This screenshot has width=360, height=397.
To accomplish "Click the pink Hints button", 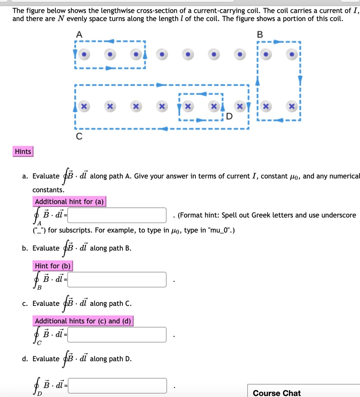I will click(x=23, y=152).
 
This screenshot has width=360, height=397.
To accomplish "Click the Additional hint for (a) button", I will click(x=69, y=202).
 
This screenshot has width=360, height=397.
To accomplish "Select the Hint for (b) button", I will click(x=53, y=266).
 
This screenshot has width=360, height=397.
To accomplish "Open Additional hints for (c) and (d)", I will click(x=83, y=321).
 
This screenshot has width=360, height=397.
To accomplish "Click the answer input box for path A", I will click(x=117, y=215).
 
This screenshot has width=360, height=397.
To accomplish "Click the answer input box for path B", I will click(x=117, y=280).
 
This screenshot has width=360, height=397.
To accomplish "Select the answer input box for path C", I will click(x=117, y=335).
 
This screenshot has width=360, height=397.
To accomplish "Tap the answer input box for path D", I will click(x=117, y=386).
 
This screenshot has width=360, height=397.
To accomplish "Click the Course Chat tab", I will click(x=276, y=393).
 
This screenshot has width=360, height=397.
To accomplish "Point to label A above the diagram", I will click(x=79, y=35).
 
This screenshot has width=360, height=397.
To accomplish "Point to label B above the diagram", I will click(x=260, y=35).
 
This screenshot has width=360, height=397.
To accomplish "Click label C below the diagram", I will click(x=79, y=136).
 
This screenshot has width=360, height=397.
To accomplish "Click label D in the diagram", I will click(x=230, y=116).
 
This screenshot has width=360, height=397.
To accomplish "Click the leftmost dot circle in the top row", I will click(x=85, y=55).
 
